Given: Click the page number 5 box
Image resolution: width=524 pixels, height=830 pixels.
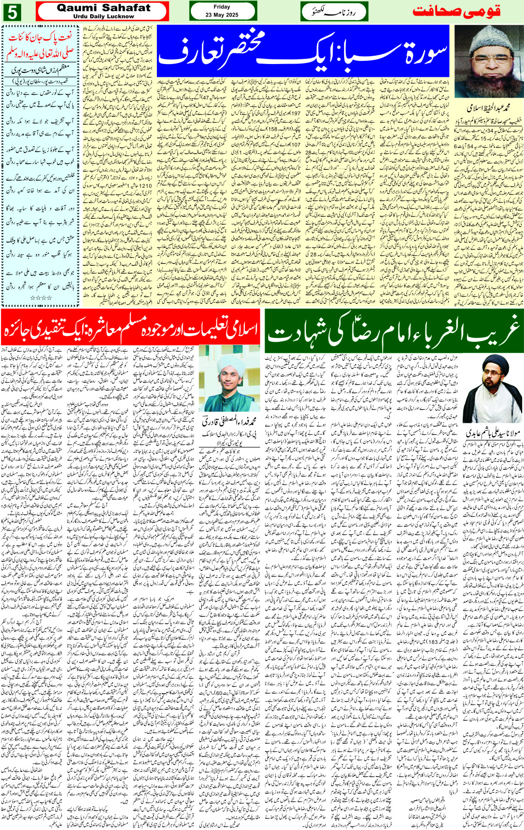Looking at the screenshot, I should (12, 12).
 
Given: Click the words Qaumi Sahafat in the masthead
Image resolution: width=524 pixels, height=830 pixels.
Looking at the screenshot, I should (104, 8).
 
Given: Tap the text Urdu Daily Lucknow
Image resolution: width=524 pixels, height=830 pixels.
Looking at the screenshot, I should (104, 16).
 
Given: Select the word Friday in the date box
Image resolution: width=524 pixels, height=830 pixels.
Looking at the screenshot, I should (222, 7).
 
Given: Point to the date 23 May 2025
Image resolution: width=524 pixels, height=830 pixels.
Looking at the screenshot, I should (222, 15).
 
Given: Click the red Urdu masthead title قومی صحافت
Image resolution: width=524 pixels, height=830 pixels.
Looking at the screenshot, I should (456, 12).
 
